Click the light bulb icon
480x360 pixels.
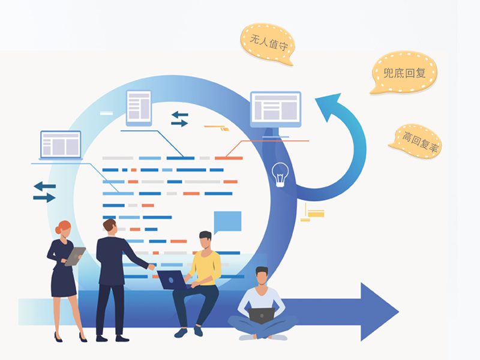(280, 174)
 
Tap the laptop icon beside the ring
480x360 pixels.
(61, 145)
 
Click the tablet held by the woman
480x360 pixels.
(74, 256)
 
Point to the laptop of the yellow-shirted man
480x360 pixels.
(172, 280)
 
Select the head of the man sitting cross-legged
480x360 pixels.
(262, 277)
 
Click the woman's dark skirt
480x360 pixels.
(63, 282)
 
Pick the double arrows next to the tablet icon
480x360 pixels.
(179, 119)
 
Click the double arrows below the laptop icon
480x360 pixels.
(44, 191)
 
